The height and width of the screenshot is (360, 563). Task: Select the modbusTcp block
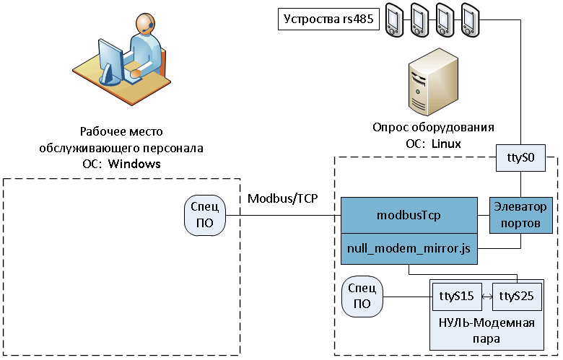(410, 215)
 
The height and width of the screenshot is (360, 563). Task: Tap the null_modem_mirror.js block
(410, 248)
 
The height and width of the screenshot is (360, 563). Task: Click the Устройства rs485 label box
(328, 19)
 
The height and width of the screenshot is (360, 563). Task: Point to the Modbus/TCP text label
(282, 197)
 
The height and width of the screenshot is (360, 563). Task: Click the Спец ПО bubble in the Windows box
(205, 215)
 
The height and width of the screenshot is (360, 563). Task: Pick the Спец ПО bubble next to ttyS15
(363, 297)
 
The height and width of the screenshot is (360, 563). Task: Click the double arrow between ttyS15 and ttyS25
(487, 297)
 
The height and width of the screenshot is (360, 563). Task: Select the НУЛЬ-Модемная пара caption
(487, 330)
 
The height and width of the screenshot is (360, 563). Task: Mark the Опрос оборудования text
(433, 128)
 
